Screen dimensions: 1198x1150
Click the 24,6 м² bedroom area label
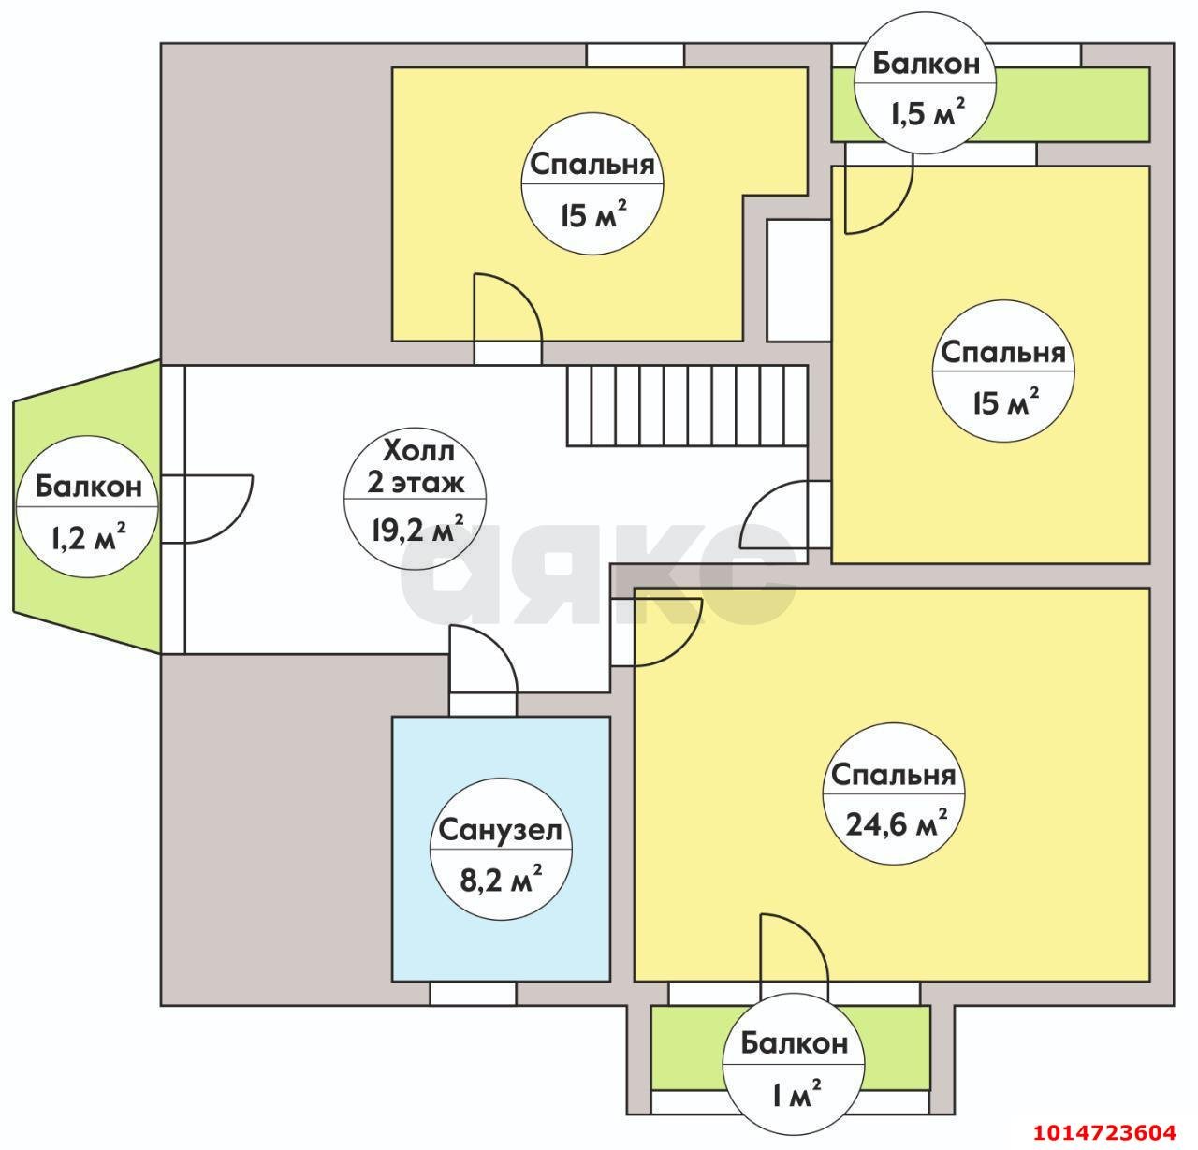point(896,824)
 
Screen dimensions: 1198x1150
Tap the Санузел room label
point(500,830)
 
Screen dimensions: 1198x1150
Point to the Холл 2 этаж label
point(416,467)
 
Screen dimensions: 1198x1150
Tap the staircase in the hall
point(686,405)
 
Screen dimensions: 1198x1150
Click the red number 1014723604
point(1104,1131)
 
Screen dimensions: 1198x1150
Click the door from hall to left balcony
point(208,508)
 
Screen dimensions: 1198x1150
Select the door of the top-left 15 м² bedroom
point(507,307)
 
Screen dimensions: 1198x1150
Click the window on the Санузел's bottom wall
point(473,994)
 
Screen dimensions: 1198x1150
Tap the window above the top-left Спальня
point(635,55)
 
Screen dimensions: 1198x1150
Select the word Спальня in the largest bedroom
point(893,775)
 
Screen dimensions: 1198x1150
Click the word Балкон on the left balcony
point(89,487)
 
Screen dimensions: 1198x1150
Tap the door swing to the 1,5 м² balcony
point(879,199)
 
